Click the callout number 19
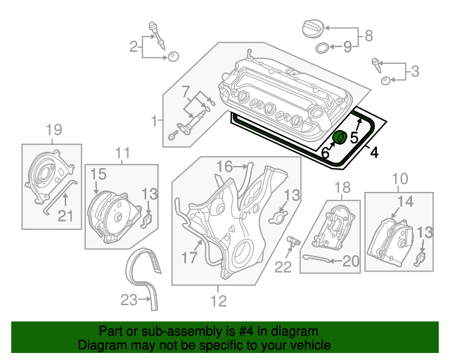click(54, 129)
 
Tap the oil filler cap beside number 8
click(311, 31)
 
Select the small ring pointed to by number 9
click(320, 48)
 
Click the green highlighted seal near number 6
click(339, 137)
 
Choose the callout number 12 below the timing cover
click(219, 302)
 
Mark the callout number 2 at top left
click(133, 47)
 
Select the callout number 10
click(399, 179)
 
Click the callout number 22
click(283, 266)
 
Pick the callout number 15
click(97, 173)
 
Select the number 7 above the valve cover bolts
click(186, 91)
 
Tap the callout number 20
click(352, 262)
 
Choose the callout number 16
click(224, 166)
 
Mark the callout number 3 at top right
click(414, 71)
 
